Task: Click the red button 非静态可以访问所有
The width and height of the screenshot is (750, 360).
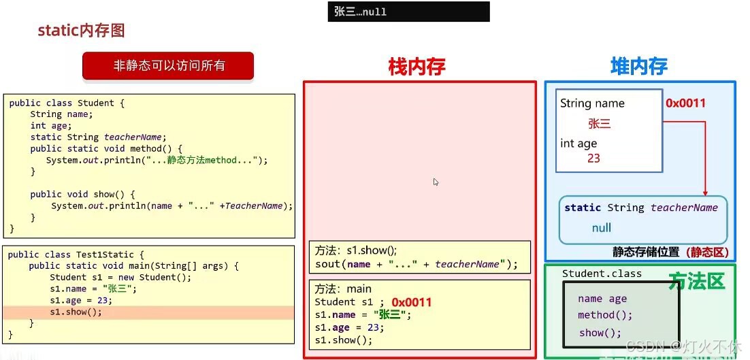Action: [168, 66]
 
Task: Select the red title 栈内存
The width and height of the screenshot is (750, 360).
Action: [417, 66]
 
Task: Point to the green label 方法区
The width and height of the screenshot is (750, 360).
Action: [696, 280]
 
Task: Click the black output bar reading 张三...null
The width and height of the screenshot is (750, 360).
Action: [408, 12]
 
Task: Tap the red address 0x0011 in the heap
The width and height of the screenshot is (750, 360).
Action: [685, 103]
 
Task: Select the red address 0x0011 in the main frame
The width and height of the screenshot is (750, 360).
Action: [412, 302]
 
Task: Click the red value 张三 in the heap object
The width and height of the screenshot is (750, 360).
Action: [600, 123]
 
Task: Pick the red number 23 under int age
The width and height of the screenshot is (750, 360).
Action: [593, 158]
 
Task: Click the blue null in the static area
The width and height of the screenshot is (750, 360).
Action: [601, 227]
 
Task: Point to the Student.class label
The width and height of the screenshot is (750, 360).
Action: [602, 274]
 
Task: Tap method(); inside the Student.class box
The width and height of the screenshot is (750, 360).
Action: [605, 315]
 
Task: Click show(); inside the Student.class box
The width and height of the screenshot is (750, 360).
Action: [600, 333]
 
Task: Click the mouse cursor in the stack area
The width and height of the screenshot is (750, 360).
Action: [436, 182]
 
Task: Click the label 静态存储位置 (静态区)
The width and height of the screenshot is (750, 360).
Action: [670, 252]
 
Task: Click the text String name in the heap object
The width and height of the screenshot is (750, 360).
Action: [592, 103]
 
